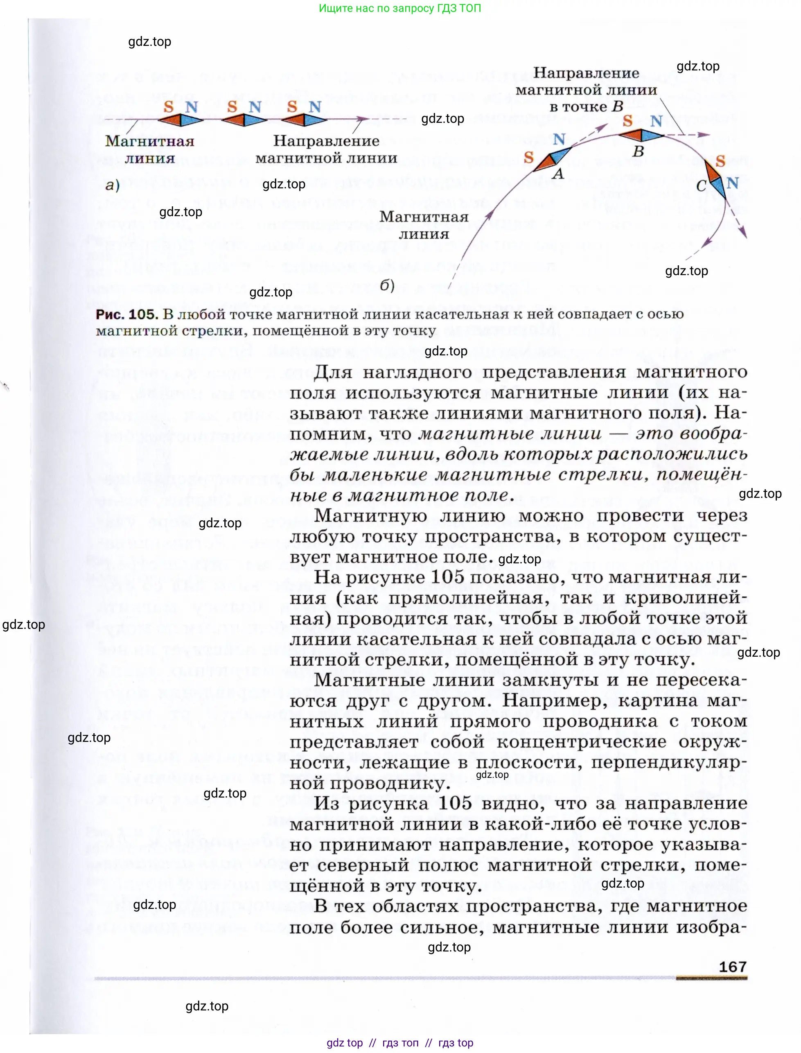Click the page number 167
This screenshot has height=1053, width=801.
(732, 967)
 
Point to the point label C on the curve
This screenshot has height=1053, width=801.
(701, 185)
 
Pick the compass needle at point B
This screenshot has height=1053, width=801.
(641, 136)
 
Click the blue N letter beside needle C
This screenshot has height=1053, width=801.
(732, 183)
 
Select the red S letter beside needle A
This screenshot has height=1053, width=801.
(528, 157)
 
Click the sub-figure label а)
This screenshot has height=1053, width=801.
(112, 185)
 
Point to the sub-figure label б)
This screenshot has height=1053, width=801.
(387, 285)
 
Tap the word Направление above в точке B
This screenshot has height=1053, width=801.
(586, 73)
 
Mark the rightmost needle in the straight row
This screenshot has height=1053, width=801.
(303, 119)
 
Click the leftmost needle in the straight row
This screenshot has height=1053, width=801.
(181, 119)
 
